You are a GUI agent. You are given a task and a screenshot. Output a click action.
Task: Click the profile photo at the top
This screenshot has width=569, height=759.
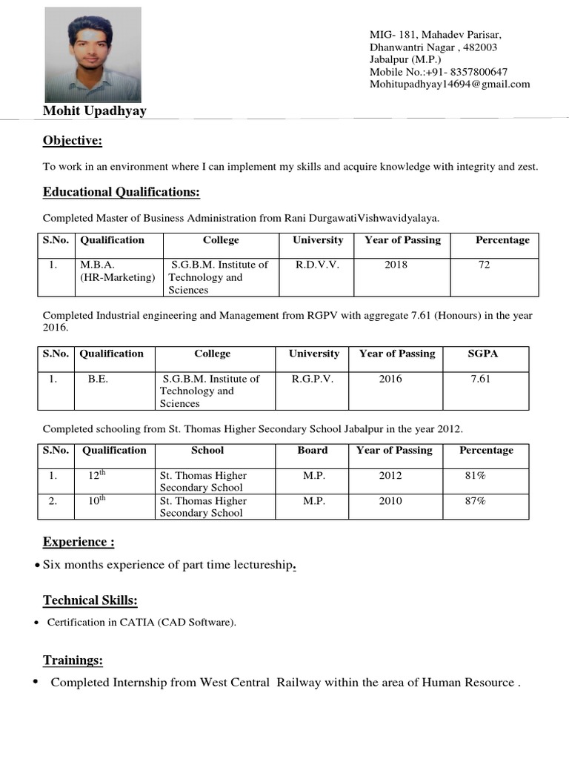93,55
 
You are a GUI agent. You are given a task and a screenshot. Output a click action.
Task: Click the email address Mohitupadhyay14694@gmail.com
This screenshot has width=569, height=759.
450,84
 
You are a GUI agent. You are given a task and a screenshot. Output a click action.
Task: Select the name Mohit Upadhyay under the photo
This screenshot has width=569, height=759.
94,111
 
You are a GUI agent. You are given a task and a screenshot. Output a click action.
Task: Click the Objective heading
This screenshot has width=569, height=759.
72,141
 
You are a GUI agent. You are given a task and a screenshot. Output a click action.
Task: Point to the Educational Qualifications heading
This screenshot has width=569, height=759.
121,193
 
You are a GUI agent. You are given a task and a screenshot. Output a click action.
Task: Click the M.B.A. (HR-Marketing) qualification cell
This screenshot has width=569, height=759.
118,271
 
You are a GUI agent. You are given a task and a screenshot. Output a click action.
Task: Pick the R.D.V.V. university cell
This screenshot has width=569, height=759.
318,265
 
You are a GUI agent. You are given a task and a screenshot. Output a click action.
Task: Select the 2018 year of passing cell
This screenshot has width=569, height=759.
396,265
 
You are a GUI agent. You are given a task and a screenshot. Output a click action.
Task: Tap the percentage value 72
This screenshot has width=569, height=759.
484,265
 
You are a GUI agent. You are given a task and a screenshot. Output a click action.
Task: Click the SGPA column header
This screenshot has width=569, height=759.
483,354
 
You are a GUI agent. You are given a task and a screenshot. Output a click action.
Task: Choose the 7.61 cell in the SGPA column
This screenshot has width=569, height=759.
480,379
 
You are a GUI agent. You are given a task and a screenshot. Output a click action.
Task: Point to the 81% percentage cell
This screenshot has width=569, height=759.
475,475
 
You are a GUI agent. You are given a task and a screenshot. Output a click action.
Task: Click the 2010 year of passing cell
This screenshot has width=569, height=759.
390,501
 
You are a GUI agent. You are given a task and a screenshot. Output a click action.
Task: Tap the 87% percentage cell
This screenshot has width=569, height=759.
475,501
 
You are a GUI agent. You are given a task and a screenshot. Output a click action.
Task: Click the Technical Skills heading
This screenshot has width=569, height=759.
90,600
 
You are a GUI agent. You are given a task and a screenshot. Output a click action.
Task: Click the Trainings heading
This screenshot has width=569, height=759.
73,660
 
